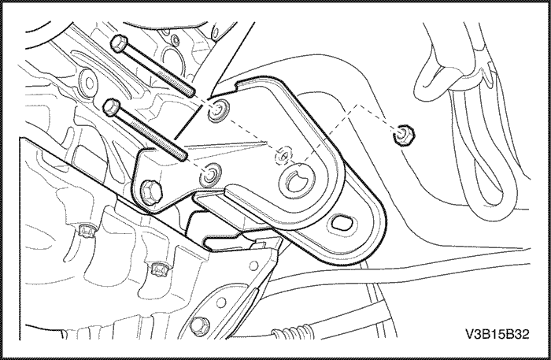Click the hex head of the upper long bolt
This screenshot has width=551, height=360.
pos(118,43)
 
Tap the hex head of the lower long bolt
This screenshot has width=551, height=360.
pos(112,106)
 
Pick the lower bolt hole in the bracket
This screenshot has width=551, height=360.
pos(211,174)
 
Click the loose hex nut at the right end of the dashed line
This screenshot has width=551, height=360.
pos(403,135)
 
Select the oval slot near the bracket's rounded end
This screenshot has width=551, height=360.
pos(341,223)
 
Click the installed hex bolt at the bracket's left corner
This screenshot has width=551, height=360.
pos(151,191)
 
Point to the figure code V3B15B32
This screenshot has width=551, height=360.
pos(497,334)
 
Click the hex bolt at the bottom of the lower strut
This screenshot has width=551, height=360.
pos(198,325)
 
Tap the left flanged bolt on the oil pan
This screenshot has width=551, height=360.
pos(85,230)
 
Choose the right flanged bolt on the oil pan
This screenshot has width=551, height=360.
pos(161,269)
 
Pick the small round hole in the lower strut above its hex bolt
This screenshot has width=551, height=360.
pos(221,302)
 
